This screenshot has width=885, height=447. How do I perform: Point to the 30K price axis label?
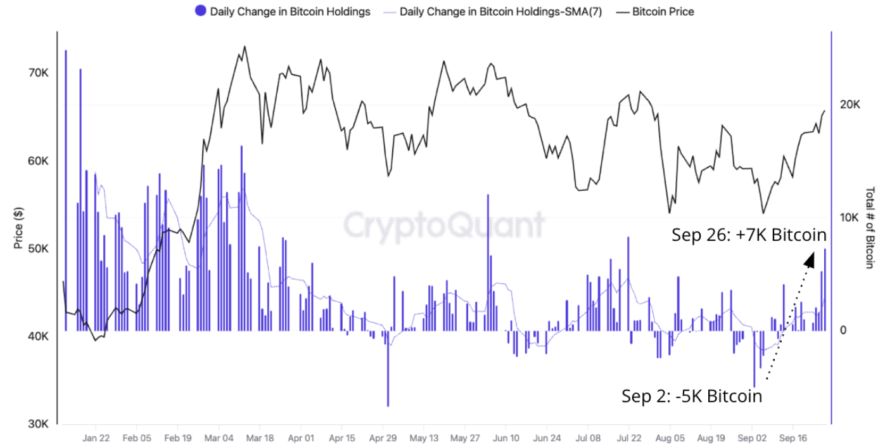[38, 424]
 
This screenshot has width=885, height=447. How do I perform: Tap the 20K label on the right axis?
[850, 105]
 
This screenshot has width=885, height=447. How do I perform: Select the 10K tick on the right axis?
[850, 217]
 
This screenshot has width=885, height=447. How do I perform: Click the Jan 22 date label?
[96, 438]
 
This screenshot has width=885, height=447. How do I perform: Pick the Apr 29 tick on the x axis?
[383, 438]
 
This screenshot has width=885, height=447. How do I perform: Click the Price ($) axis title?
[18, 228]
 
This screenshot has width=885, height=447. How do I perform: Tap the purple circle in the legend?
[201, 11]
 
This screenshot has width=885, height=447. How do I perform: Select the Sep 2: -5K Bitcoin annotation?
[691, 397]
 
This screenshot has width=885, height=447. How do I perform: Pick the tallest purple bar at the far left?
[66, 190]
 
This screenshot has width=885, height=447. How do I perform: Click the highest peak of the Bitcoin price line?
[245, 46]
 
